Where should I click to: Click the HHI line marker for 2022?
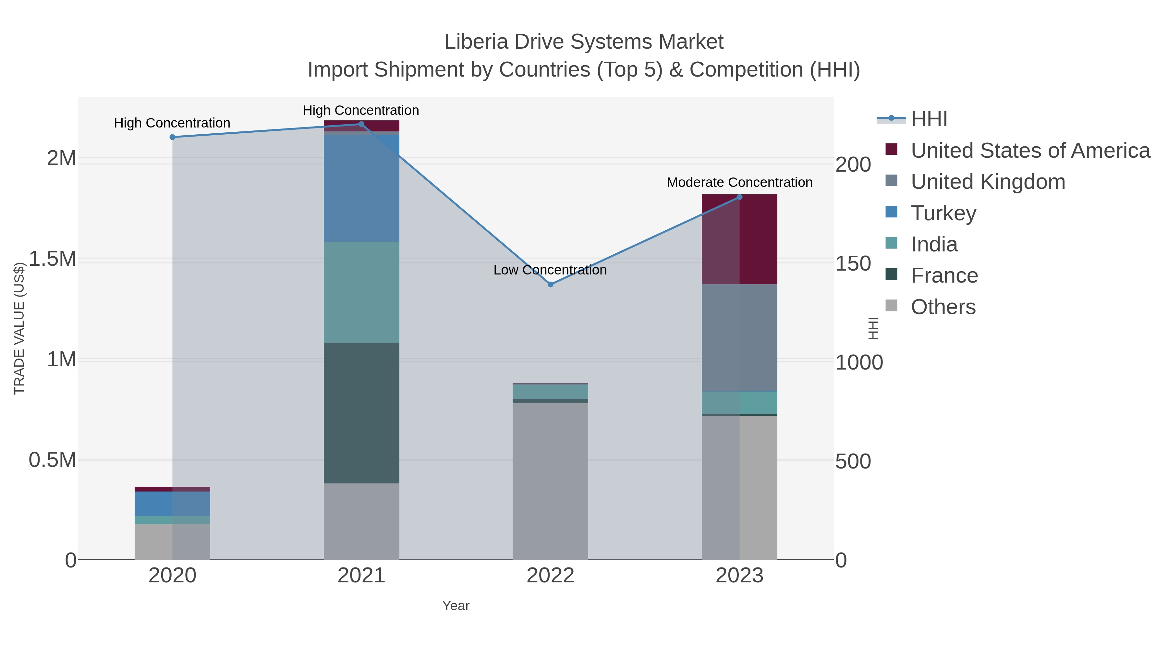pos(551,284)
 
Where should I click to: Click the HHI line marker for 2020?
pos(172,137)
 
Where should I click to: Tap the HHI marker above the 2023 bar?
pos(739,197)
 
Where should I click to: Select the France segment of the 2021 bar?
pos(361,413)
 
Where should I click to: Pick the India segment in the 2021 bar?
pos(361,292)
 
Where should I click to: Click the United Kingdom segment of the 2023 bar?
pos(739,337)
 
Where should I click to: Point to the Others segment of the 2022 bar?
pos(551,481)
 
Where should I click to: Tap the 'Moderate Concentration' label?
pos(739,182)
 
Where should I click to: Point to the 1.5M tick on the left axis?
pos(52,259)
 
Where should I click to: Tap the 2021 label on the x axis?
pos(361,575)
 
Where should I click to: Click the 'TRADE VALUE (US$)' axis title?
pos(19,328)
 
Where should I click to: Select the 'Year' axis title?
pos(456,605)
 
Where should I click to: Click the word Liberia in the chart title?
pos(476,42)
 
